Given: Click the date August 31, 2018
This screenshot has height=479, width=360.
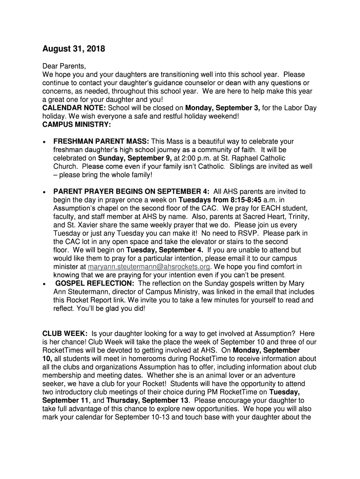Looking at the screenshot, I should tap(74, 49).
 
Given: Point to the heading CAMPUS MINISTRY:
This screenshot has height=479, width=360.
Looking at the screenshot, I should tap(77, 125).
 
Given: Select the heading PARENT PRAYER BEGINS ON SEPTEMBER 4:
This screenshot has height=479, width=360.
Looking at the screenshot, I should tap(131, 191).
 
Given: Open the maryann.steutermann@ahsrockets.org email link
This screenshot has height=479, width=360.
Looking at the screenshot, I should tap(146, 267).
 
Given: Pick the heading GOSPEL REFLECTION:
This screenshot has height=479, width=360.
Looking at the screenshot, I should tap(96, 283).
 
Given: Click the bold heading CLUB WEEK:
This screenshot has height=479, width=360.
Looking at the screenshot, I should tap(65, 333).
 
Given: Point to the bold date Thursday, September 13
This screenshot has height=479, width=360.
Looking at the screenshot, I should tap(148, 400).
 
